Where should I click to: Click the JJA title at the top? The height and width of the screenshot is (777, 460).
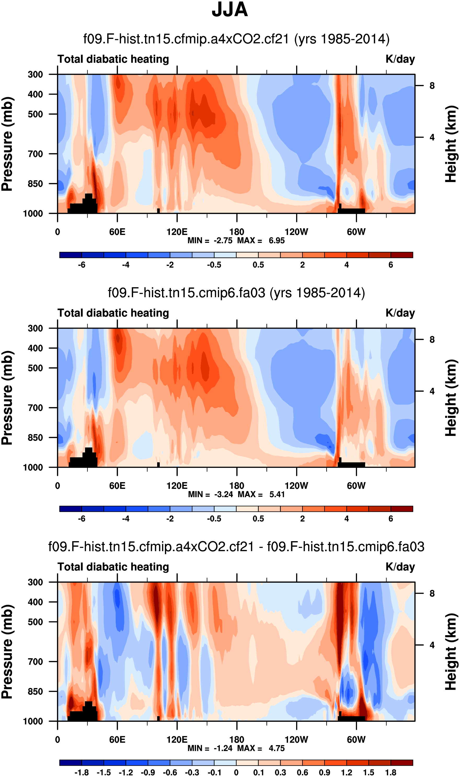pos(230,10)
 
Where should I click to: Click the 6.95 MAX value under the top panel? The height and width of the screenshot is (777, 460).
pos(277,241)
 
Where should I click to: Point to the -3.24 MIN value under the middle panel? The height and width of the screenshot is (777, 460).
pos(223,494)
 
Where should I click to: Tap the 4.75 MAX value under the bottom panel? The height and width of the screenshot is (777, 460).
pos(277,748)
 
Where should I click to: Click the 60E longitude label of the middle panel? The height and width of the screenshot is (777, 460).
pos(117,486)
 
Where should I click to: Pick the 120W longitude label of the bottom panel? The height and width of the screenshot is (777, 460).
pos(296,740)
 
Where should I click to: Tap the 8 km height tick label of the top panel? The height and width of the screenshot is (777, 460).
pos(432,86)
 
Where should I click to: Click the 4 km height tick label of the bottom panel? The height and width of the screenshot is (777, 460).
pos(432,645)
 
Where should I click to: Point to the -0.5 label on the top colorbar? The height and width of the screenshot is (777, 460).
pos(214,265)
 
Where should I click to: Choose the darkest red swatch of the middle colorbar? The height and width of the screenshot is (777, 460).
pos(402,509)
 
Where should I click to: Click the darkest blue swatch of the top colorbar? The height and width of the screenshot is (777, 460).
pos(71,255)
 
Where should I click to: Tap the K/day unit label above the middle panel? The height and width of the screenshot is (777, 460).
pos(400,313)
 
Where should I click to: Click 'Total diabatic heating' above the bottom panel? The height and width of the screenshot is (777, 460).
pos(113,567)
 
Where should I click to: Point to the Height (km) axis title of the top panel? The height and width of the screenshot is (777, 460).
pos(451,144)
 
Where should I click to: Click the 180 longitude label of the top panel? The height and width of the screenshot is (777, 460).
pos(237,232)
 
